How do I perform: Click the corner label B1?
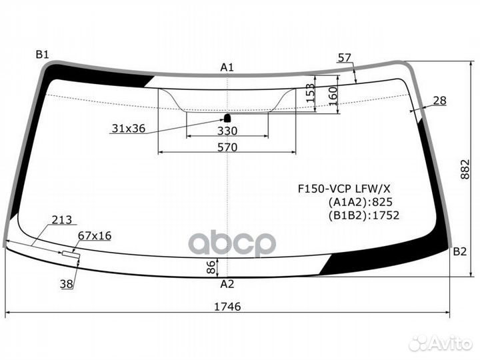43,55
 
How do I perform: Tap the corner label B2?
460,251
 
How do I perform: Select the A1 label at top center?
227,67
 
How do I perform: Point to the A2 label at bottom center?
227,283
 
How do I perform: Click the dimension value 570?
227,147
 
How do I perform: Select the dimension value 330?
227,131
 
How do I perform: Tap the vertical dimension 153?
311,94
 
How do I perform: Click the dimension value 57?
344,58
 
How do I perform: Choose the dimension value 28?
440,101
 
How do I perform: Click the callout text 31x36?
128,129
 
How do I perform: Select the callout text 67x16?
95,235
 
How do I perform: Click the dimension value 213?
61,220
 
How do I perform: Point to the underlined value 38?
67,284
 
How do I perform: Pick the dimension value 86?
211,268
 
